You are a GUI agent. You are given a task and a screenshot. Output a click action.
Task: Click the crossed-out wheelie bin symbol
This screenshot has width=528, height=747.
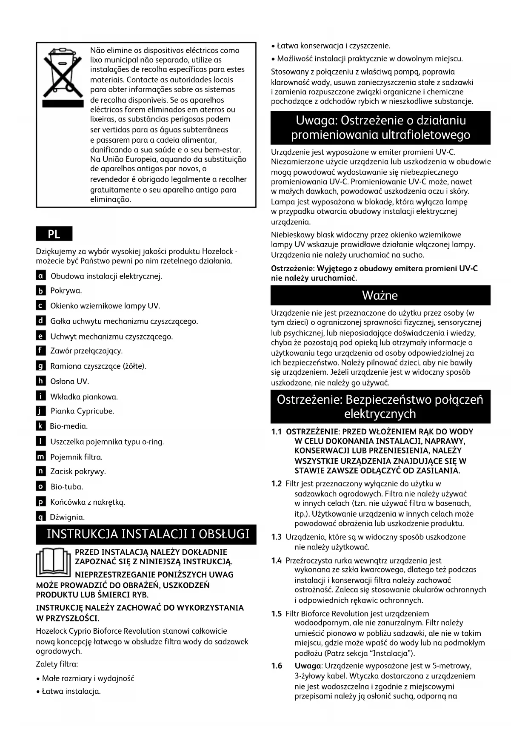click(x=62, y=77)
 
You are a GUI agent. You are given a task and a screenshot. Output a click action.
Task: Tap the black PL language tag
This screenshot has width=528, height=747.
click(x=54, y=234)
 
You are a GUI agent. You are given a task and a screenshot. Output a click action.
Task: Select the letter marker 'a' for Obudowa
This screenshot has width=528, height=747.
click(x=40, y=276)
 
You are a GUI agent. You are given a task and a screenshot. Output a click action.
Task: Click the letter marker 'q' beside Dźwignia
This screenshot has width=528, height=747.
click(x=40, y=517)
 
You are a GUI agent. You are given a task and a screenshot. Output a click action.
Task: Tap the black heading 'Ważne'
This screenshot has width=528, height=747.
click(x=380, y=295)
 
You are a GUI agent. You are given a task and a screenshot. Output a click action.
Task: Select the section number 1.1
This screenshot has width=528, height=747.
click(x=277, y=432)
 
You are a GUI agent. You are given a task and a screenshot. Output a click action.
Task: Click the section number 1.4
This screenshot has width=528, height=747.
click(x=277, y=560)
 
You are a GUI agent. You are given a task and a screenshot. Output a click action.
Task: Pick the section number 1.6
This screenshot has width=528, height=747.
click(x=277, y=666)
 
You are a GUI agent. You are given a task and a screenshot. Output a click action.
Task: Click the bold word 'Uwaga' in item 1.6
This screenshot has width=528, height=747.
click(x=307, y=666)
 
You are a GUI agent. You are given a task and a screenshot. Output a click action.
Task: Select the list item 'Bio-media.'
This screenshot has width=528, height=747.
click(x=69, y=426)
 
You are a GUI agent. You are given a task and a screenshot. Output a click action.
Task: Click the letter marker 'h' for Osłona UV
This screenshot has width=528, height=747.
click(x=40, y=381)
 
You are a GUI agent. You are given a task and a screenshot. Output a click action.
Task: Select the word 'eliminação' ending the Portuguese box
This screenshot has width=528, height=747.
click(x=110, y=199)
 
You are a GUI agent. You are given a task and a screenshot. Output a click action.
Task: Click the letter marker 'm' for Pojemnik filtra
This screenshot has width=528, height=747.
click(x=40, y=457)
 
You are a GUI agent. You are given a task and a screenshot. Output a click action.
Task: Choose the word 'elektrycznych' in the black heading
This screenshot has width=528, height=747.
click(x=380, y=414)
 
